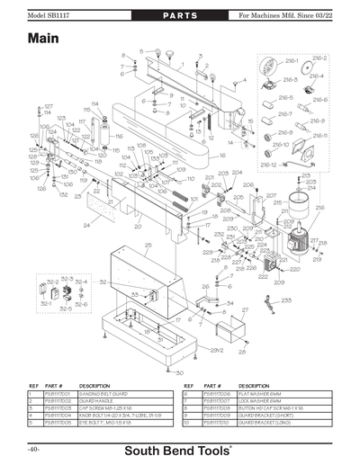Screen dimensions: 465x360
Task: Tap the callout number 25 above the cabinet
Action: click(148, 244)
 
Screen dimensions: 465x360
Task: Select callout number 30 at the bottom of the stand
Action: click(179, 372)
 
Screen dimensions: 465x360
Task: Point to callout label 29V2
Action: click(216, 349)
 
